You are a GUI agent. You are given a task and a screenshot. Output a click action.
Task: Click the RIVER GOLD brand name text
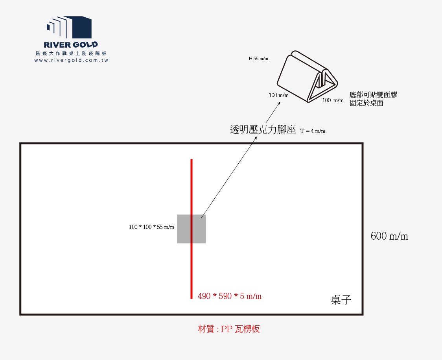coord(71,45)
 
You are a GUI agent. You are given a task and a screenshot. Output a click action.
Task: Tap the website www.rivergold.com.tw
coord(71,61)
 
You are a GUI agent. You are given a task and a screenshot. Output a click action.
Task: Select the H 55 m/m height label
coord(258,59)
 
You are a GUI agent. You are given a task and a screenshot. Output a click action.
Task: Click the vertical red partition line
coord(192,189)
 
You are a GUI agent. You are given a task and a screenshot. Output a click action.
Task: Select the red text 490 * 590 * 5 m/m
coord(230,296)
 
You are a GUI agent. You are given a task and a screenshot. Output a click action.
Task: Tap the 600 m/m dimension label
coord(389,236)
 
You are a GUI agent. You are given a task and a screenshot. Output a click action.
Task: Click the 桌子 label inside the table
coord(341,300)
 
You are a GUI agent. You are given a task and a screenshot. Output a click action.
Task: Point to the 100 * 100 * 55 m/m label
coord(151,227)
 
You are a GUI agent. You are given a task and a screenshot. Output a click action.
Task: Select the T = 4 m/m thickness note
coord(313,131)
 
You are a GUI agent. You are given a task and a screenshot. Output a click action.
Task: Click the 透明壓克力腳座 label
coord(263,130)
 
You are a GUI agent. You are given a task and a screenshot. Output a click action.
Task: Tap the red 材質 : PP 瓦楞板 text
coord(229,329)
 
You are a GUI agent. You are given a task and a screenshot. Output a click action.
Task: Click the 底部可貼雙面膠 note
coord(373,95)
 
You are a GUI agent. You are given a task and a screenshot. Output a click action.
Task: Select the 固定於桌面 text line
coord(366,103)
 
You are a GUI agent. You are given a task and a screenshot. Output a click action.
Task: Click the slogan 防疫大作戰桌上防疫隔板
coord(71,54)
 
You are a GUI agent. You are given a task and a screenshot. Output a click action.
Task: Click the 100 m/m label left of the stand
coord(279,95)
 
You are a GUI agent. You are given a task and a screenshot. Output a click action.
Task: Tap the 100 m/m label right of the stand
coord(333,101)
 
